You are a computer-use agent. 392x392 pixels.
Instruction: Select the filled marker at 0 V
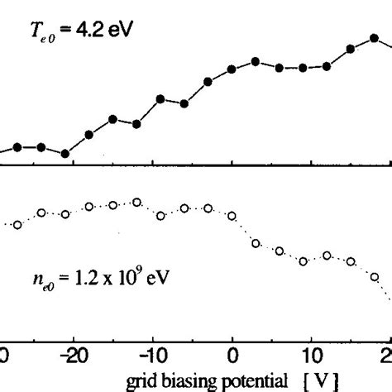point(232,69)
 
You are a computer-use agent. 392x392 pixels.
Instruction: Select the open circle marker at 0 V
point(232,217)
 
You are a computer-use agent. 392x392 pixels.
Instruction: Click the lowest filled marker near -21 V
point(65,154)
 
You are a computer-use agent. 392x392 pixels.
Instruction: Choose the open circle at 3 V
point(256,243)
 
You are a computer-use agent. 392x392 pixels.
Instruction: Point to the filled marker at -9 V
point(160,98)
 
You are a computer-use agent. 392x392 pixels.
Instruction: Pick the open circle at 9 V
point(304,261)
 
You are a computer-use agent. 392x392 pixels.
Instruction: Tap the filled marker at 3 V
point(256,61)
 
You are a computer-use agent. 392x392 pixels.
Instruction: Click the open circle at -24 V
point(41,213)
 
